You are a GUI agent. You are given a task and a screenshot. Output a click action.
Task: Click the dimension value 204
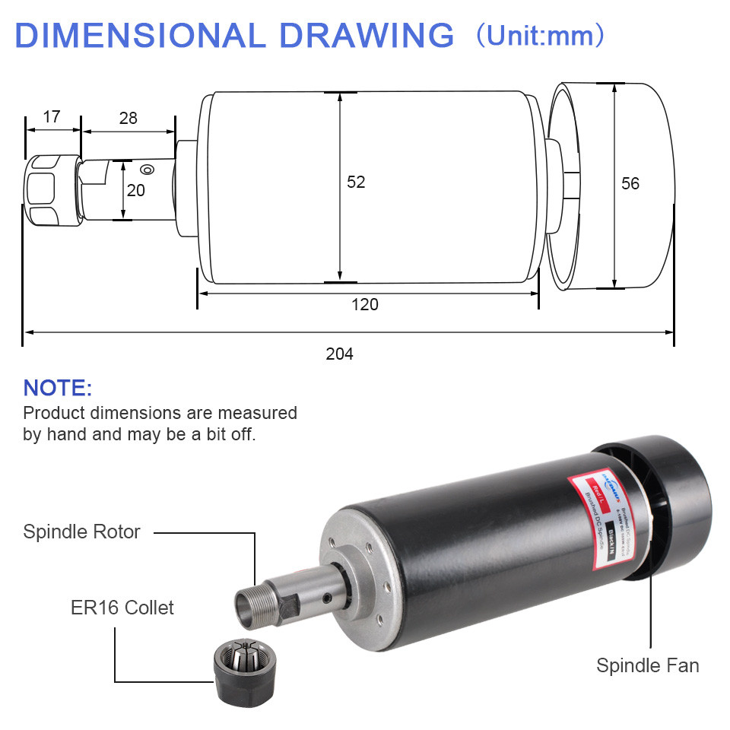pos(339,354)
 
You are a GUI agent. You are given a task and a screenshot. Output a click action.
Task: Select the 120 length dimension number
pos(364,305)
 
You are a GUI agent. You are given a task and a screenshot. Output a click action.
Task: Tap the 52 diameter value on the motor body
pos(356,182)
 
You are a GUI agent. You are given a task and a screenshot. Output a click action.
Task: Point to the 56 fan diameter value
pos(630,183)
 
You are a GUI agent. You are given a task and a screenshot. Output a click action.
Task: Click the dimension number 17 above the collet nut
pos(52,117)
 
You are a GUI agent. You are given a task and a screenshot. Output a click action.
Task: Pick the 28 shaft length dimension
pos(129,118)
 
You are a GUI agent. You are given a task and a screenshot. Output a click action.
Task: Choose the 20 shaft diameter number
pos(135,190)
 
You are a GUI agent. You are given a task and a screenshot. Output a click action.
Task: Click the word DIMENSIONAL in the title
pos(135,36)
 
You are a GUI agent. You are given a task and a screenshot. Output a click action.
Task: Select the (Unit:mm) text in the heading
pos(541,36)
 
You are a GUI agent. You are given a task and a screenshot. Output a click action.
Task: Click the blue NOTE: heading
pos(58,388)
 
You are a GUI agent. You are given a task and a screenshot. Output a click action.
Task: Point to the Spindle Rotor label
pos(81,532)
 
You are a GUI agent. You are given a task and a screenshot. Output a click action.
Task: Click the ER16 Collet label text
pos(122,608)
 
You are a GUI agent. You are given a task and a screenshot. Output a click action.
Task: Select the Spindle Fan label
pos(647,665)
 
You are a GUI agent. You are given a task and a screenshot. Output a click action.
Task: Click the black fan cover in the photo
pos(669,502)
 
